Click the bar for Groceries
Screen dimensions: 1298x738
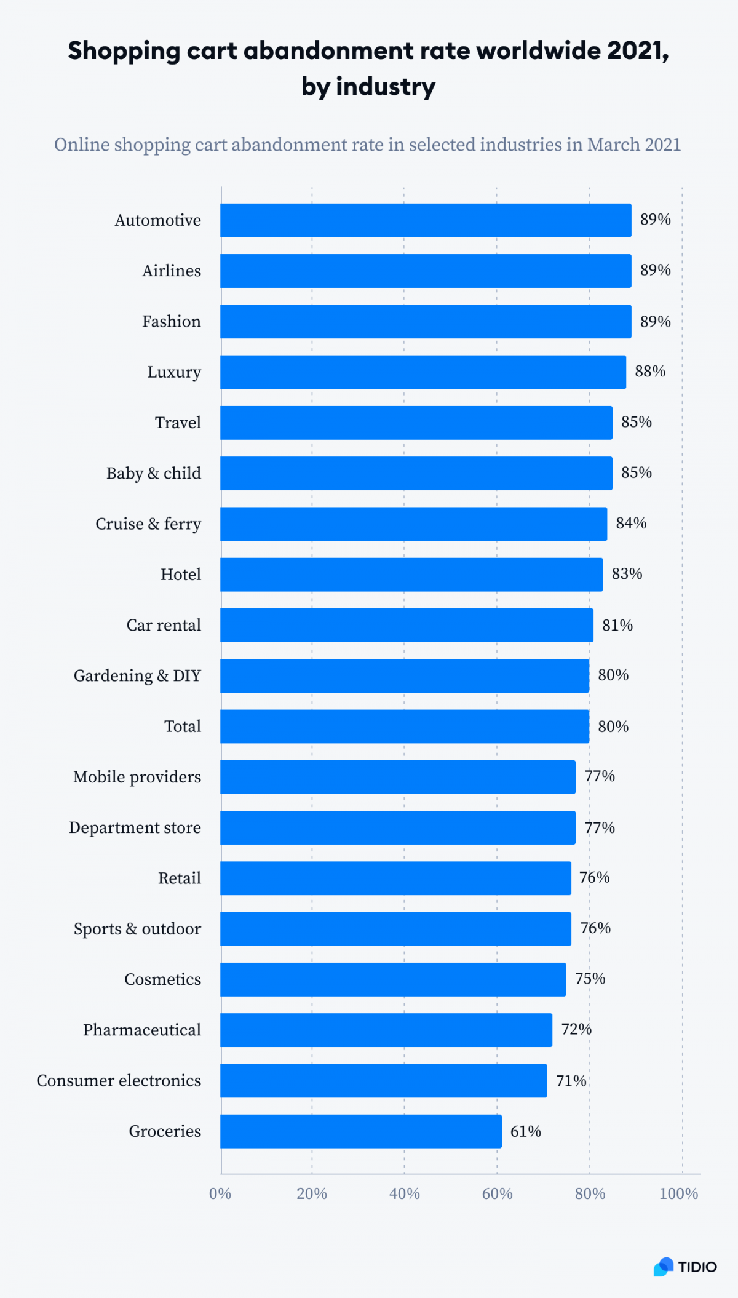point(361,1131)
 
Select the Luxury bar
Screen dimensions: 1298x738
point(423,372)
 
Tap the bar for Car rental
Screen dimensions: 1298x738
point(407,625)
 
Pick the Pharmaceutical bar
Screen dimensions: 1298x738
point(386,1030)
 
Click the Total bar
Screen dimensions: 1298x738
point(405,726)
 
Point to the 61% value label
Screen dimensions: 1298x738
point(526,1131)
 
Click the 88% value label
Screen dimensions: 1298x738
point(650,372)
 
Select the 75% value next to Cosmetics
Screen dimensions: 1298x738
point(590,979)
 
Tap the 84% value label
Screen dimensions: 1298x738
point(631,524)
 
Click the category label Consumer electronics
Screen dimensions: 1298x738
point(119,1081)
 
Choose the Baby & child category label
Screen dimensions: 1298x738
point(154,473)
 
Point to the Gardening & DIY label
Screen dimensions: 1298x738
point(137,675)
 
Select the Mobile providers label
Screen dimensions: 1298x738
point(137,777)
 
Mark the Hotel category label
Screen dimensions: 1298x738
point(181,575)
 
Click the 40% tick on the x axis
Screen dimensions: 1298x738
point(405,1194)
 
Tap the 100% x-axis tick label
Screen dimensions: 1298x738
point(678,1194)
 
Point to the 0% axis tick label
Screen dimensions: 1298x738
point(220,1194)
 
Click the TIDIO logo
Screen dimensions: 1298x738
point(684,1267)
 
